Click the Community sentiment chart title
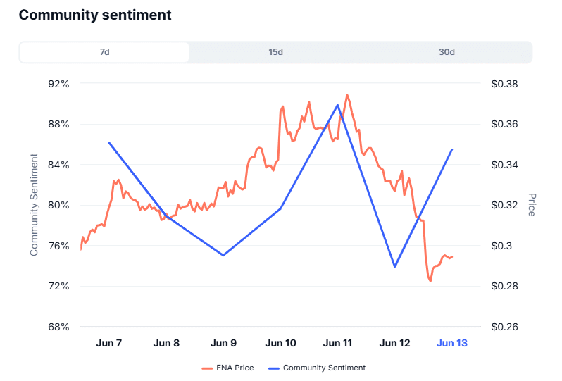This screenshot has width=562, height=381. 95,15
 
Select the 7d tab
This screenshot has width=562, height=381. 104,53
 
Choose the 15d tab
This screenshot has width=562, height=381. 275,53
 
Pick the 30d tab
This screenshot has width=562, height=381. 447,53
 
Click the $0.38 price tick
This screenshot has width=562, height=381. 504,84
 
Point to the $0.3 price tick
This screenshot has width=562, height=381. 501,246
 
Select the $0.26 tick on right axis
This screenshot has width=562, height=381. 504,327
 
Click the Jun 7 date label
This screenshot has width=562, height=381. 108,344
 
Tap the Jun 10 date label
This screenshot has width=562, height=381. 280,344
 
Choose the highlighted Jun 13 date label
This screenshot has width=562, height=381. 452,344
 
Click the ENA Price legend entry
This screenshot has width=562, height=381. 227,368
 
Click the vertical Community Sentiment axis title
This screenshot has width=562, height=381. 34,204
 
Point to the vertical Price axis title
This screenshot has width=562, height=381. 532,204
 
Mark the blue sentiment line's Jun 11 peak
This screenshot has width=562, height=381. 338,105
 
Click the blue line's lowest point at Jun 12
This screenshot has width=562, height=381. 395,266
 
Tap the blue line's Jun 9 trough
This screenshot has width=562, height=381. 223,255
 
